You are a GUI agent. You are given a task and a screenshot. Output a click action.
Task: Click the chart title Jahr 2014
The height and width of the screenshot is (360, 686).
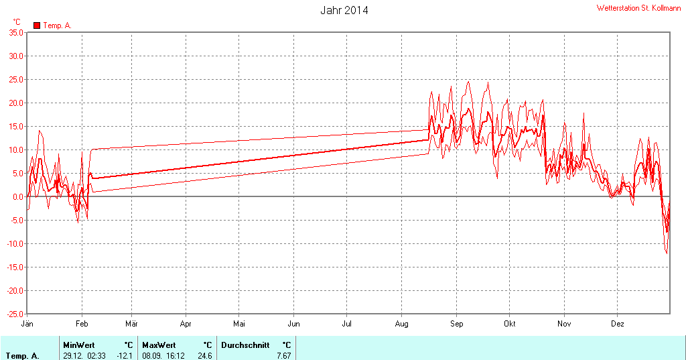pos(344,11)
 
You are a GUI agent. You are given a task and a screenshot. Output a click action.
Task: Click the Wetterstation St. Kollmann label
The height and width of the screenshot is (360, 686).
pos(638,8)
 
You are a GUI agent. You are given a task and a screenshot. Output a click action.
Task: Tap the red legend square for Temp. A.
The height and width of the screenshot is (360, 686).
pos(37,25)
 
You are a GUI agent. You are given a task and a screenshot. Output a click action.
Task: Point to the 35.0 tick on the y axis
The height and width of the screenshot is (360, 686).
pos(15,33)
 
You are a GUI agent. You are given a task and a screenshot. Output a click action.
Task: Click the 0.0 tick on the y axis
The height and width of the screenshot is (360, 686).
pos(18,196)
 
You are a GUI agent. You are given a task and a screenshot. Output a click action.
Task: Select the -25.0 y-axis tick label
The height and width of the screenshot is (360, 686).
pos(15,314)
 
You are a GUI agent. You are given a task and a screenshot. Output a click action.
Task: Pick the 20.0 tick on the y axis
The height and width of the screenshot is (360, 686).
pos(15,103)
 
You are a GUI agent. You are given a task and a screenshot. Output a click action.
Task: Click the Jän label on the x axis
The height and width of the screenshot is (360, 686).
pos(27,324)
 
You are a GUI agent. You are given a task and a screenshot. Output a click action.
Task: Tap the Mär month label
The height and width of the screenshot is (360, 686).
pos(132,324)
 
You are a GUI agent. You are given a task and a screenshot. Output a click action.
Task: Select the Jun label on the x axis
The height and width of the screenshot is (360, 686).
pos(293,324)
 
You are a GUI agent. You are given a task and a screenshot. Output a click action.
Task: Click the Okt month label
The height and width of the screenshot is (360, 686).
pos(510,324)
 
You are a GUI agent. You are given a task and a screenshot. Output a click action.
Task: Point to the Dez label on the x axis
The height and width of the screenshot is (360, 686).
pos(617,324)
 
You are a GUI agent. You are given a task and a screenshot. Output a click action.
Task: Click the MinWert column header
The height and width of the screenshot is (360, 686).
pos(79,345)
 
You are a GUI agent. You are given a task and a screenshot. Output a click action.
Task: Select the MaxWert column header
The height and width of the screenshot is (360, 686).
pos(158,345)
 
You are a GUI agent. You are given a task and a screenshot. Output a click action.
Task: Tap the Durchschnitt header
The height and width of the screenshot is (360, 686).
pos(245,345)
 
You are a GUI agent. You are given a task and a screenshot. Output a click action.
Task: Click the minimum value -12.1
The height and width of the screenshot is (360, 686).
pos(125,355)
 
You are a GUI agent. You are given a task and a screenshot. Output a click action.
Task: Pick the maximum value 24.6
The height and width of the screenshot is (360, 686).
pos(205,355)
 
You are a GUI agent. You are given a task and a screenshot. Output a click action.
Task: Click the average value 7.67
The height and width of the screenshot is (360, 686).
pos(284,355)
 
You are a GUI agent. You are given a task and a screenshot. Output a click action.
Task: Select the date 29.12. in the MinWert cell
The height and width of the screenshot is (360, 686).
pos(72,355)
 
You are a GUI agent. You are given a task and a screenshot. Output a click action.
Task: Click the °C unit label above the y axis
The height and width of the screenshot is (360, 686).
pos(17,22)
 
